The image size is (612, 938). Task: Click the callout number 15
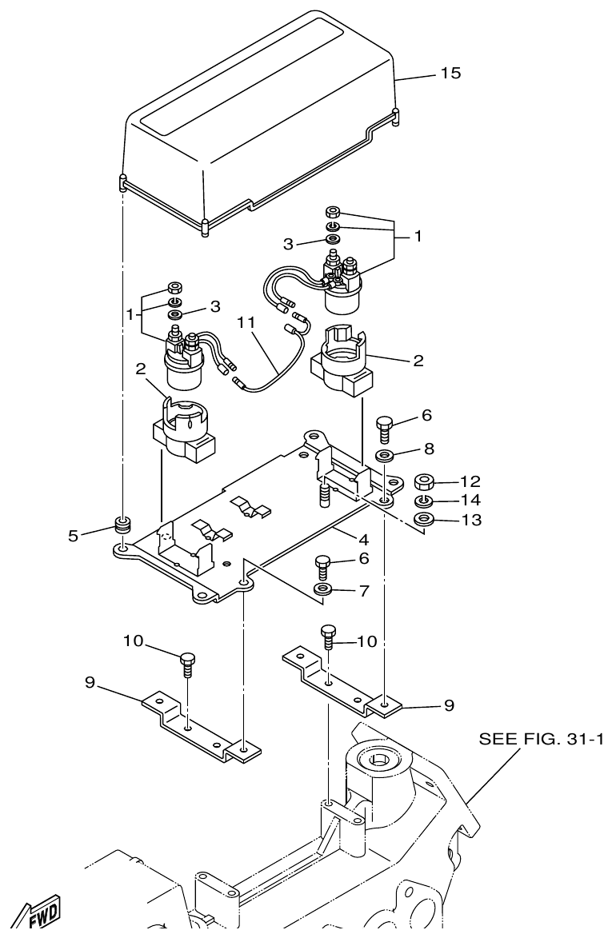tap(450, 74)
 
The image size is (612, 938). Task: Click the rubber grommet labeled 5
tap(122, 525)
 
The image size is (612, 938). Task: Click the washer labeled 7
tap(324, 590)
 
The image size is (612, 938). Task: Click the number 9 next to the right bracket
tap(449, 705)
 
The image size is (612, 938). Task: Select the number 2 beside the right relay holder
tap(418, 361)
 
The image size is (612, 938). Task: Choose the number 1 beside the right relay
tap(417, 237)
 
